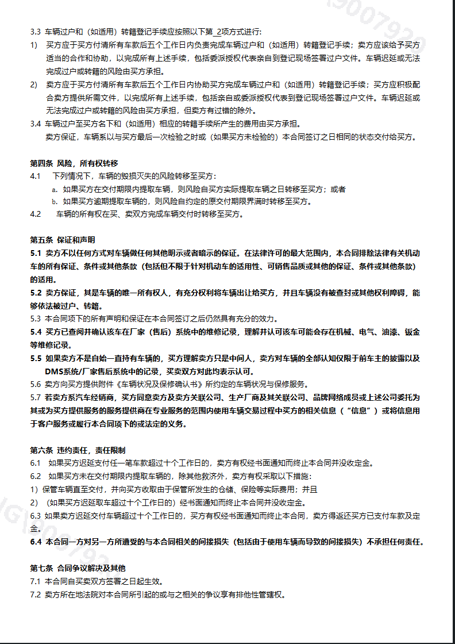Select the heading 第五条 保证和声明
[x=63, y=240]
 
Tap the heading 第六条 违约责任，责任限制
[x=78, y=450]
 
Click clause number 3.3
[x=36, y=31]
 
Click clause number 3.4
[x=36, y=124]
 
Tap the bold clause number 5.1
[x=36, y=253]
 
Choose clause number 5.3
[x=36, y=319]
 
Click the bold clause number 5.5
[x=36, y=358]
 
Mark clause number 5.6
[x=36, y=385]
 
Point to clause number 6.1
[x=36, y=463]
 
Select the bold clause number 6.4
[x=36, y=542]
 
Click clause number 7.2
[x=36, y=595]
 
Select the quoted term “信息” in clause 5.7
[x=360, y=411]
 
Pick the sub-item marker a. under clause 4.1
[x=55, y=189]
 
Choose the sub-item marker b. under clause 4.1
[x=55, y=202]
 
